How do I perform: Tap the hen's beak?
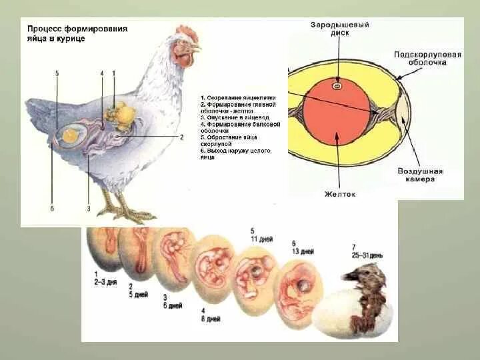pyautogui.click(x=196, y=49)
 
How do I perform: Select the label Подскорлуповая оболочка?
pyautogui.click(x=427, y=59)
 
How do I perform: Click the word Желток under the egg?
pyautogui.click(x=340, y=194)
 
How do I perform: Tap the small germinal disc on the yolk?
pyautogui.click(x=338, y=85)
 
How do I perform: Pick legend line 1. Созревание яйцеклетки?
pyautogui.click(x=237, y=97)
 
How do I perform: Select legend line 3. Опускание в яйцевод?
pyautogui.click(x=233, y=117)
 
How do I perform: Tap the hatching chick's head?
pyautogui.click(x=360, y=273)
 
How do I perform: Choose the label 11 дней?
pyautogui.click(x=261, y=238)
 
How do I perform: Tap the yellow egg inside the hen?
pyautogui.click(x=70, y=135)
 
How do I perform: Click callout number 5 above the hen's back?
pyautogui.click(x=57, y=73)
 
